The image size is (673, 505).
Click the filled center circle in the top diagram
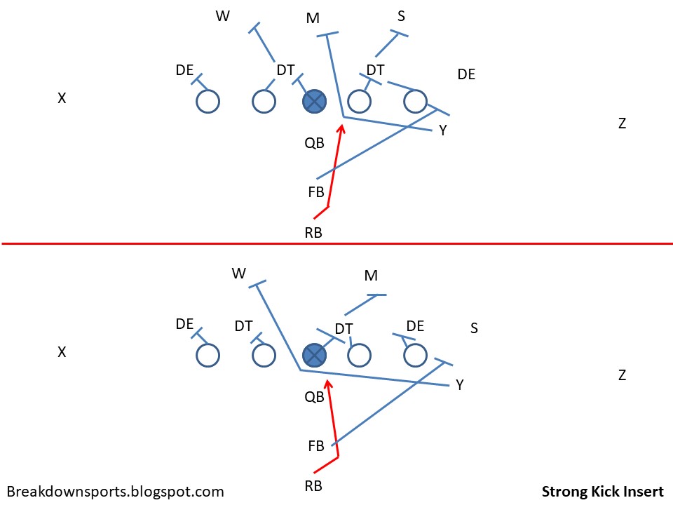[x=314, y=102]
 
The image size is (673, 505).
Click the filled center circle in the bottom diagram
[x=314, y=355]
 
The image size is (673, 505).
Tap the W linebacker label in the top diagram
[x=223, y=17]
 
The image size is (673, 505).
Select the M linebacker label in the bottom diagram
[x=372, y=276]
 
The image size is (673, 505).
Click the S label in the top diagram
[x=401, y=16]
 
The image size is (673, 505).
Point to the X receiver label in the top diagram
[x=62, y=99]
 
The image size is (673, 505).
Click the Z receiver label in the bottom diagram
[x=622, y=375]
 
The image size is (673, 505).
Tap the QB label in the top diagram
[x=314, y=144]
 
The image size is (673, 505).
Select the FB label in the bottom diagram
[x=316, y=446]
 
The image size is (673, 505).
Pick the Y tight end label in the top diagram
[x=443, y=130]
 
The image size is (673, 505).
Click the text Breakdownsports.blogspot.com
[x=116, y=492]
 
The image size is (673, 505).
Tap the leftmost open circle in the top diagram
[x=208, y=102]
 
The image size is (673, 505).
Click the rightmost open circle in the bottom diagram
[x=415, y=355]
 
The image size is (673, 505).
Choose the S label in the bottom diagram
[x=474, y=328]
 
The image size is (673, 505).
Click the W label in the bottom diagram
[x=239, y=273]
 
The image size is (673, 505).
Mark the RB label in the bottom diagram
[x=313, y=485]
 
